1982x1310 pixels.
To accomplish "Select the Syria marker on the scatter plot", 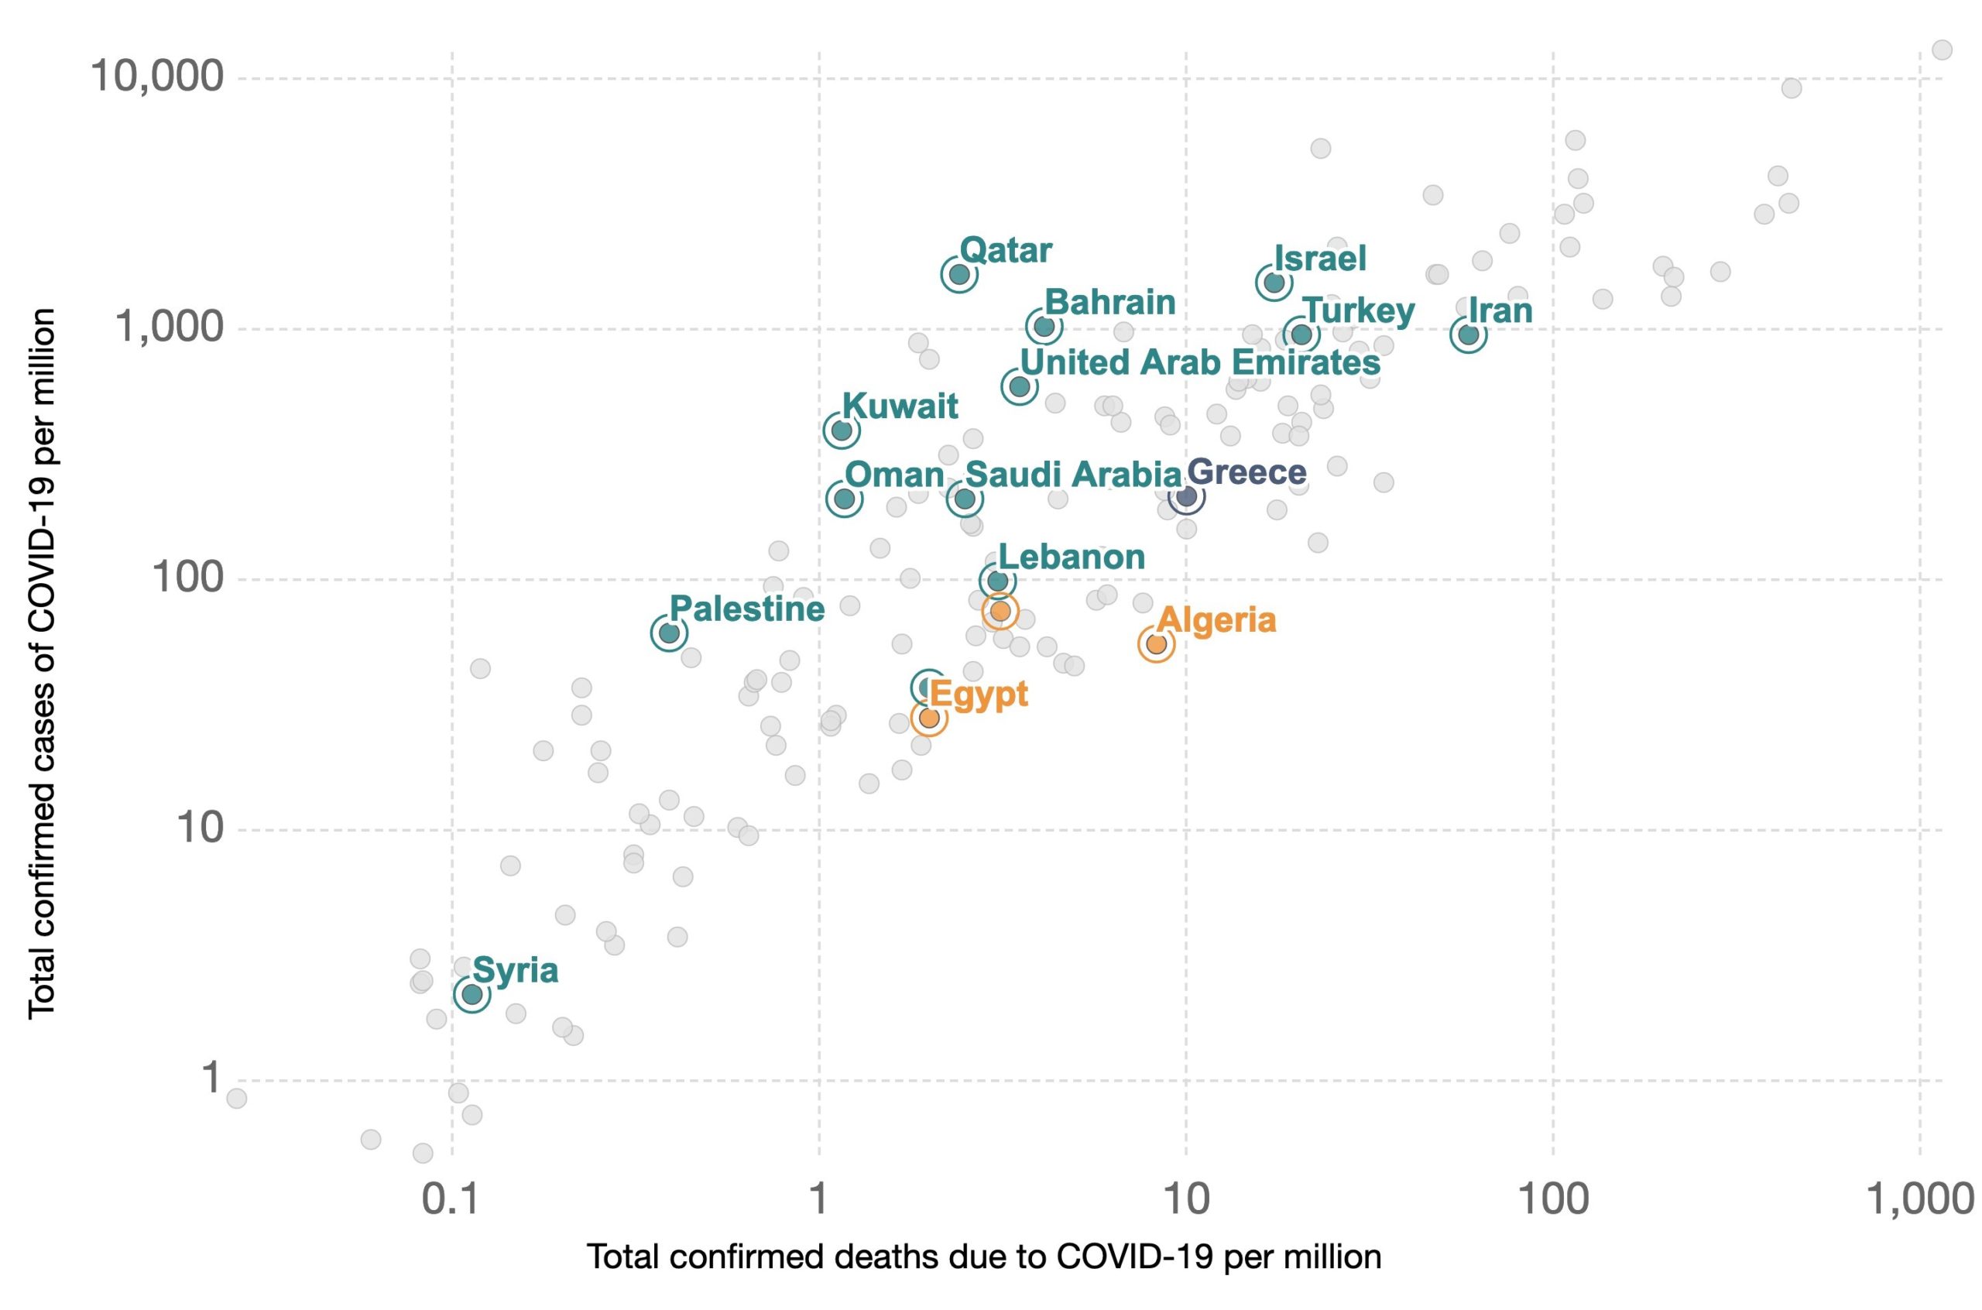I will pyautogui.click(x=472, y=994).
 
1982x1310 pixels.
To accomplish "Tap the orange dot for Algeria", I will pyautogui.click(x=1156, y=643).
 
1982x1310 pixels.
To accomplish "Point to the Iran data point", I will pyautogui.click(x=1469, y=335).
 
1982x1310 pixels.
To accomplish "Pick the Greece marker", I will pyautogui.click(x=1186, y=497).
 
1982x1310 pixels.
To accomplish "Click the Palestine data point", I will pyautogui.click(x=668, y=633).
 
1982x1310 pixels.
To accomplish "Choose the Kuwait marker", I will pyautogui.click(x=841, y=430).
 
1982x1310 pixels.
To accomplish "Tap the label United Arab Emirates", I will pyautogui.click(x=1199, y=362).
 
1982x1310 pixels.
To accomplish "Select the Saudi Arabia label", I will pyautogui.click(x=1072, y=475).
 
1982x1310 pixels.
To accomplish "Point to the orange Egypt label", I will pyautogui.click(x=978, y=694).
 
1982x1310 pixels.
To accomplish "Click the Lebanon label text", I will pyautogui.click(x=1071, y=557).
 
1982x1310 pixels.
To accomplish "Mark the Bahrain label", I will pyautogui.click(x=1109, y=302).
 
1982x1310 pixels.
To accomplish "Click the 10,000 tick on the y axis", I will pyautogui.click(x=157, y=77).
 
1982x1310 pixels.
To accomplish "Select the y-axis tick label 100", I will pyautogui.click(x=187, y=578).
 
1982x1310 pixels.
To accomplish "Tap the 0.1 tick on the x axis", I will pyautogui.click(x=451, y=1199).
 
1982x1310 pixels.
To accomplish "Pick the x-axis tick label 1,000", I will pyautogui.click(x=1919, y=1199).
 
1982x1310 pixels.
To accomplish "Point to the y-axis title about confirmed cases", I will pyautogui.click(x=42, y=664).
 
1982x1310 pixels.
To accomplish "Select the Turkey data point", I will pyautogui.click(x=1301, y=335).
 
